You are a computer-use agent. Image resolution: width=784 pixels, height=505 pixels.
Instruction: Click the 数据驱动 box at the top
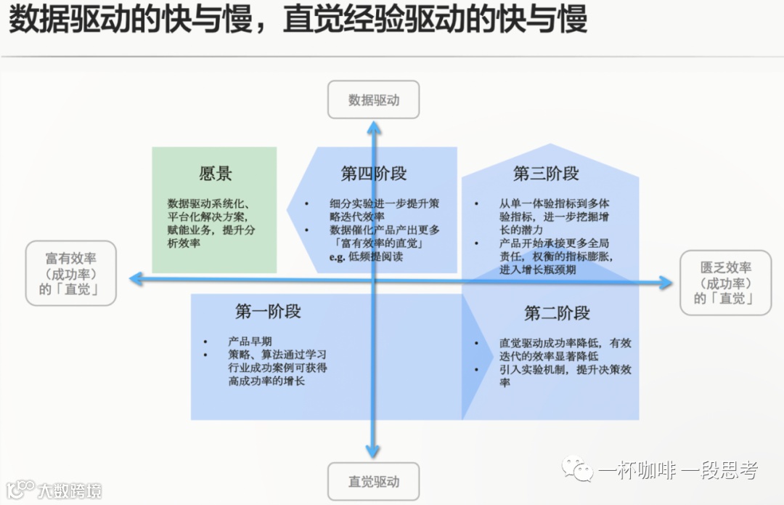373,100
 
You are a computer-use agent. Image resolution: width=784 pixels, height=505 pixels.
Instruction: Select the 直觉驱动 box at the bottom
373,481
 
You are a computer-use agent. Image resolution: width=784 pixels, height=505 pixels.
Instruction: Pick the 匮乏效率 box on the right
725,283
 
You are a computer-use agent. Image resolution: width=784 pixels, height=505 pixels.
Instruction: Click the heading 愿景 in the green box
215,174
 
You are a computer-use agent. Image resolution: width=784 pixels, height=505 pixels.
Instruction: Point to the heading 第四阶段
373,174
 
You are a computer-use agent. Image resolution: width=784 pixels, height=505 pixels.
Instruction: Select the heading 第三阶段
546,174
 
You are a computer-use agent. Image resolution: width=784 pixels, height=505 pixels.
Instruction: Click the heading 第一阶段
268,312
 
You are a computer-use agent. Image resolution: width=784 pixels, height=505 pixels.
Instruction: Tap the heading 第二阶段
557,313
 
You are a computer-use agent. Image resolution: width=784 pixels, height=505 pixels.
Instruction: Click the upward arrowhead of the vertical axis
373,128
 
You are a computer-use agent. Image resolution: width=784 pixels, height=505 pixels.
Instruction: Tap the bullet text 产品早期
250,342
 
